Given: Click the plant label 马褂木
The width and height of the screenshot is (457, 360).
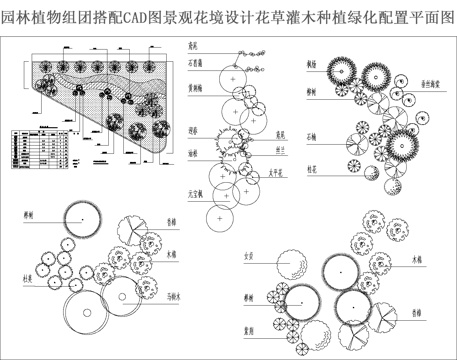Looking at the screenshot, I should coord(176,295).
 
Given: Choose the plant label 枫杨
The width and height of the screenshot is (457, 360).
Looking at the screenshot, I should coord(313,63).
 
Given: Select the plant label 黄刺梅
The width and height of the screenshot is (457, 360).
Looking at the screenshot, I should coord(193,88).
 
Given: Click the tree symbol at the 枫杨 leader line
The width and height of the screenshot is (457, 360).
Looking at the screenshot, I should coord(338,70).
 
